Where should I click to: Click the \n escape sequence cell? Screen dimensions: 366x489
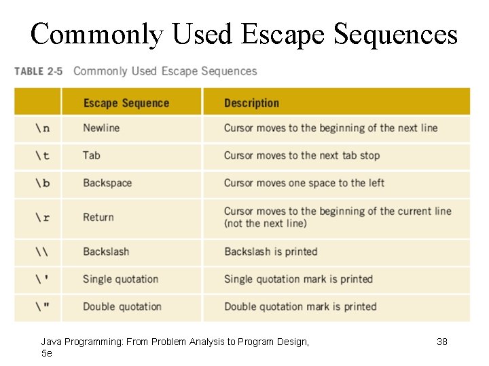click(x=42, y=128)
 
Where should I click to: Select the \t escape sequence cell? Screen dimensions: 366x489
click(x=42, y=156)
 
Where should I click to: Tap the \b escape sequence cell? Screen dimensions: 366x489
click(x=42, y=183)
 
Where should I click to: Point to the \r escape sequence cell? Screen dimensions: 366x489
click(x=42, y=218)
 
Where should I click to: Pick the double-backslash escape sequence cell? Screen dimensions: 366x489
click(x=42, y=251)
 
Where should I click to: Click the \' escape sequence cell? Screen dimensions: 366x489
click(x=42, y=279)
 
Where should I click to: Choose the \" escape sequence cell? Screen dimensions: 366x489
click(x=42, y=307)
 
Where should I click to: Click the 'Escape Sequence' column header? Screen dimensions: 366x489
click(x=126, y=103)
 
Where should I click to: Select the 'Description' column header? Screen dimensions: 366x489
click(x=251, y=103)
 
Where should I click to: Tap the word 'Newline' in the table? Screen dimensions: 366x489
click(x=101, y=128)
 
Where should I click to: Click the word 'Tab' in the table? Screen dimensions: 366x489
click(x=92, y=156)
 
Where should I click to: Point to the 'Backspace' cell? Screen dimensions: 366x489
click(x=107, y=183)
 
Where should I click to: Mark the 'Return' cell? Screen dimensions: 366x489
click(x=98, y=218)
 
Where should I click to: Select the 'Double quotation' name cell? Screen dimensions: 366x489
click(x=122, y=307)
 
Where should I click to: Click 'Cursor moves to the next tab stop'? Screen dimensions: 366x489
click(x=302, y=156)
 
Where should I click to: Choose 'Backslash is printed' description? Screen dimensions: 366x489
click(x=271, y=251)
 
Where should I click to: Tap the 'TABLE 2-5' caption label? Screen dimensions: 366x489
click(x=38, y=72)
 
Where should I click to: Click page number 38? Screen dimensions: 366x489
click(x=442, y=342)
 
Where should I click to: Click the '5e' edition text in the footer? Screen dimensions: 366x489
click(x=47, y=353)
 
